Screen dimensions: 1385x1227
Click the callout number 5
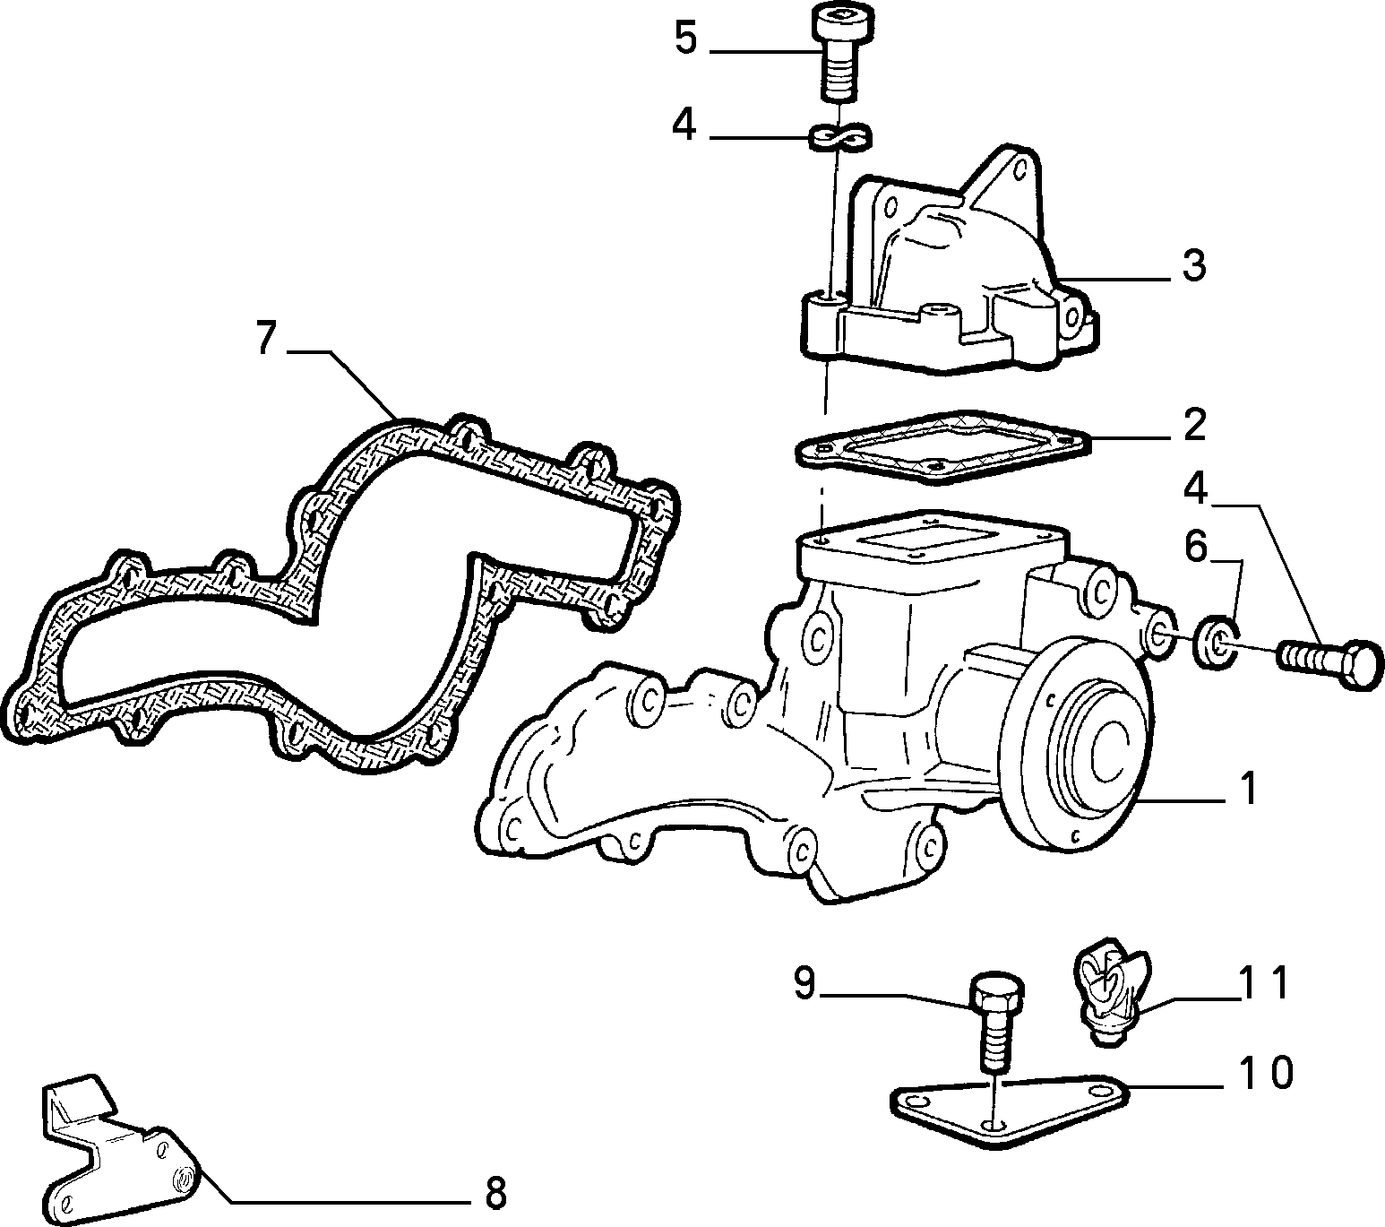(x=685, y=39)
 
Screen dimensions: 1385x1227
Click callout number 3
(x=1193, y=265)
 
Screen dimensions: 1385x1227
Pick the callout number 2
(x=1194, y=426)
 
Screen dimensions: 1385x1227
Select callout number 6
(x=1196, y=548)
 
